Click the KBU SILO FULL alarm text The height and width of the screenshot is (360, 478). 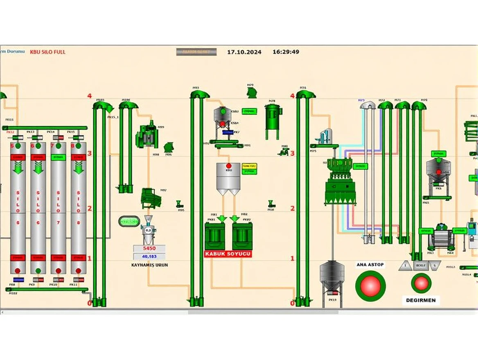click(x=47, y=52)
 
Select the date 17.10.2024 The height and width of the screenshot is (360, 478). click(x=244, y=52)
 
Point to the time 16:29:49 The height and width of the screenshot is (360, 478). click(x=286, y=52)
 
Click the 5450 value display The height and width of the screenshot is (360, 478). click(x=149, y=248)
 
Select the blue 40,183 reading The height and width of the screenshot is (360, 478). click(x=149, y=256)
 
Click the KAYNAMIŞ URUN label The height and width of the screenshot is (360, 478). click(x=149, y=265)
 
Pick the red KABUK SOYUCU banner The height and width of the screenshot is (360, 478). click(x=228, y=254)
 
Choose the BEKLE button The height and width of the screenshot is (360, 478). click(x=420, y=265)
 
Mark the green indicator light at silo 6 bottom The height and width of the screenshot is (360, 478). click(x=38, y=271)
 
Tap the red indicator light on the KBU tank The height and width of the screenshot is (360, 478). click(x=228, y=166)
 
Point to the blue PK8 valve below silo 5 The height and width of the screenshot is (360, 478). click(x=18, y=279)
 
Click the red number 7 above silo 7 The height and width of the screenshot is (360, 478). click(x=52, y=146)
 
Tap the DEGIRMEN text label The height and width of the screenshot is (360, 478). click(x=421, y=300)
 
